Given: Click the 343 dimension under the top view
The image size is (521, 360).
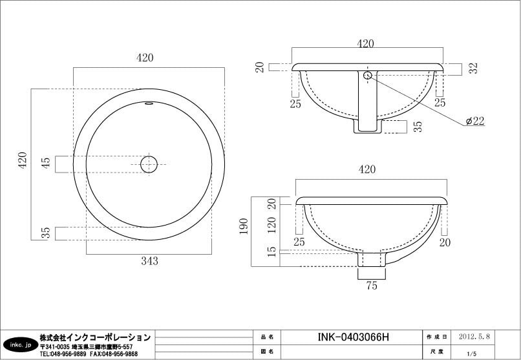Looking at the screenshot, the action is [149, 261].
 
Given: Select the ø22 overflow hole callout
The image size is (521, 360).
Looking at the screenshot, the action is [475, 121].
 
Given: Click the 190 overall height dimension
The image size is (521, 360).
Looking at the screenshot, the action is [244, 226].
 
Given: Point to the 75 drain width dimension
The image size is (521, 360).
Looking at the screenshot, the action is [372, 286].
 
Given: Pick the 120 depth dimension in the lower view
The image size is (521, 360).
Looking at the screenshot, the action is [271, 225].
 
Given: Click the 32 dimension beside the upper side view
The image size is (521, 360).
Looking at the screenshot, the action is [474, 68].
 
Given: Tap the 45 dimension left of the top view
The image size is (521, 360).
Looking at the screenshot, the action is [45, 162].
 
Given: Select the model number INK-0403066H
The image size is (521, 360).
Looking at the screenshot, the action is [353, 337].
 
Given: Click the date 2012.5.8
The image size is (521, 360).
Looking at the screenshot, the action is [474, 337].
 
